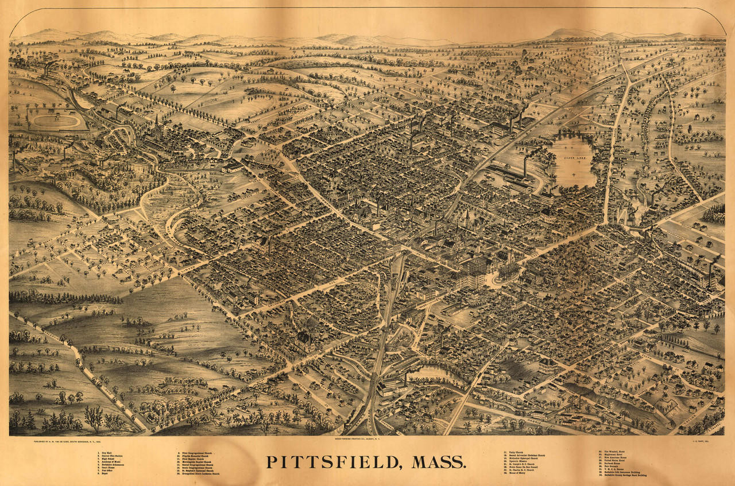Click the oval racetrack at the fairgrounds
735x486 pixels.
coord(55,121)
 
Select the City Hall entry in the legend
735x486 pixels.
coord(106,453)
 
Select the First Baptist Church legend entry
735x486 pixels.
coord(193,459)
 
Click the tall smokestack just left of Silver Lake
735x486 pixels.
coord(525,166)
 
